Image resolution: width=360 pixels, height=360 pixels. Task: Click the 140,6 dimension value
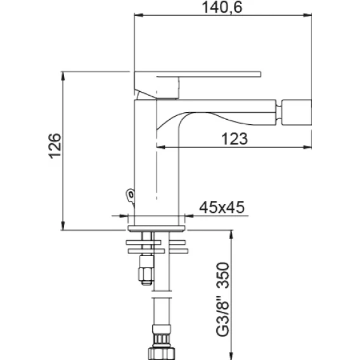222,8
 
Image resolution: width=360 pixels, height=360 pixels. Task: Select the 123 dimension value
235,139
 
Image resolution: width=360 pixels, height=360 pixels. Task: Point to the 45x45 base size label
222,207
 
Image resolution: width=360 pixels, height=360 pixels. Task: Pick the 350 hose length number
222,275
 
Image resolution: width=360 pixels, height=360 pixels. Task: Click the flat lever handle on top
198,74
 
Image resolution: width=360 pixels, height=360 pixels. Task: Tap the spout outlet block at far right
297,112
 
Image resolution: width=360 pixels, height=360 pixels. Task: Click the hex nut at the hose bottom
162,354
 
